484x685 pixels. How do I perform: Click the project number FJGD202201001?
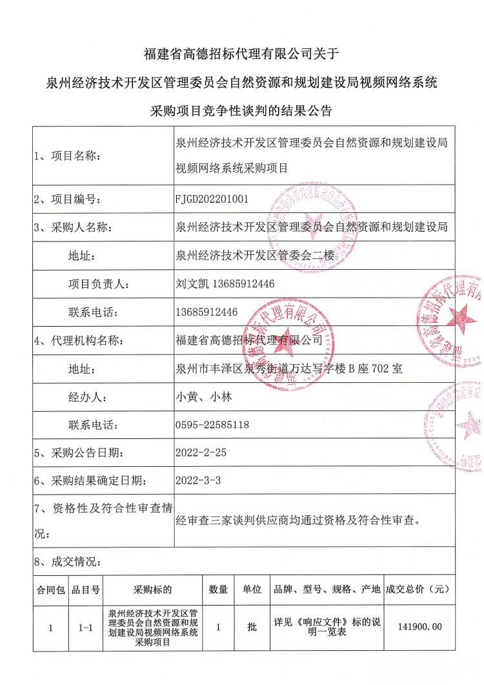pos(212,200)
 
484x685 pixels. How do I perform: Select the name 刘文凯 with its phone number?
pos(225,283)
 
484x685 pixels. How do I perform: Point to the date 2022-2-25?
pos(201,453)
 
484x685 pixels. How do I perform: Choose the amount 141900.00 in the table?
pos(421,626)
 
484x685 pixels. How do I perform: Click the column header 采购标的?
pos(152,589)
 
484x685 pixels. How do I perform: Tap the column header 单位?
pos(251,589)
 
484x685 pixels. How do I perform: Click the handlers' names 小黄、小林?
pos(203,397)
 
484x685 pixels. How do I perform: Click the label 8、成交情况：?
pos(67,561)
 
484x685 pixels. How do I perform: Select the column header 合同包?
pos(50,589)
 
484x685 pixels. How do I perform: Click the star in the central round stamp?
pos(283,340)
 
